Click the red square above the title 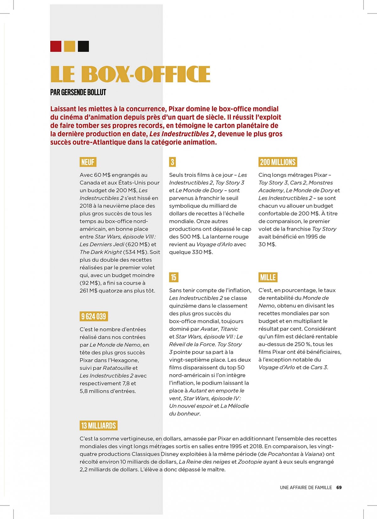[56, 46]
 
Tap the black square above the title [83, 46]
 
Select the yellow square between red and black [69, 46]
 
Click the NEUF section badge [88, 162]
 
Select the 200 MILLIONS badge [278, 162]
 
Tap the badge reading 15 [173, 277]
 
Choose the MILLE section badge [268, 277]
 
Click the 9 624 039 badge [94, 316]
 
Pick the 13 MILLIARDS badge [98, 425]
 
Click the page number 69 [339, 488]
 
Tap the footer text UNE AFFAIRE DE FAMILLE [306, 488]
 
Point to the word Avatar [209, 329]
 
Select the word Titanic [229, 329]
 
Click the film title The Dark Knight [101, 252]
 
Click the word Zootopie [250, 462]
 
